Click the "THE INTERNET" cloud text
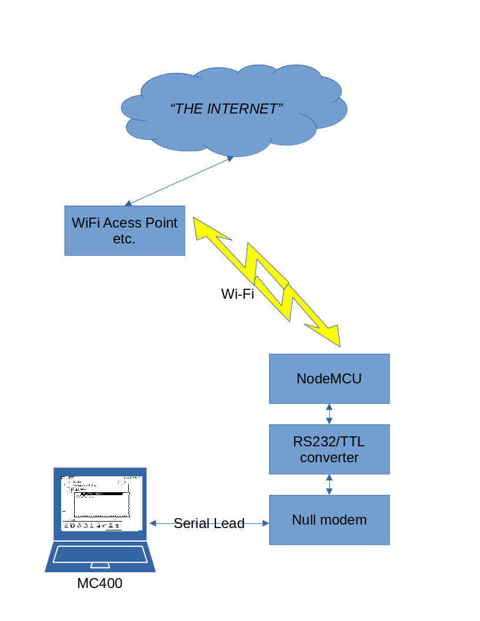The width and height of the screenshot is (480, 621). coord(226,109)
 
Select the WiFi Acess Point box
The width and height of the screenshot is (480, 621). coord(125,231)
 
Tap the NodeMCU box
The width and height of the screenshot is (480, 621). coord(329,379)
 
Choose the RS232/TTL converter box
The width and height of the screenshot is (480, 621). coord(329,449)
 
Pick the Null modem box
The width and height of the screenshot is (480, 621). coord(329,520)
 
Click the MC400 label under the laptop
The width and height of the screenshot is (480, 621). coord(100,584)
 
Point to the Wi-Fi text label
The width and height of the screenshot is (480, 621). coord(238,294)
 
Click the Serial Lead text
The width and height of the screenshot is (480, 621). coord(209,523)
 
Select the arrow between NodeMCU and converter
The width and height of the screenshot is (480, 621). coord(329,414)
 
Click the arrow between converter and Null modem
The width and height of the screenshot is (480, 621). coord(329,485)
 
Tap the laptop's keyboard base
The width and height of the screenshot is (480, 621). coord(100,556)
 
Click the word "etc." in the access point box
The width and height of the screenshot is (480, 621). coord(124,239)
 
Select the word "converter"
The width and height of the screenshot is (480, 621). coord(329,458)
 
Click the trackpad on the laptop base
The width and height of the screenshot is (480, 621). coord(100,565)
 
